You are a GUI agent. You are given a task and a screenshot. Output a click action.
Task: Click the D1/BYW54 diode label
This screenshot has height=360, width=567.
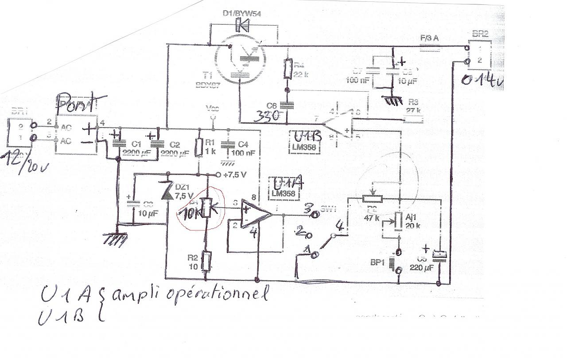pos(242,14)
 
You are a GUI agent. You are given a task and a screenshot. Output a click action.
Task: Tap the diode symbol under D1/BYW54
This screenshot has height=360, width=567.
pos(243,25)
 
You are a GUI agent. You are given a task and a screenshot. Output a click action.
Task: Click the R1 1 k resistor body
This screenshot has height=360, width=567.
pos(199,147)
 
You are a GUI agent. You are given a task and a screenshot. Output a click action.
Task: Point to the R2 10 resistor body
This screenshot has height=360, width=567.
pos(206,261)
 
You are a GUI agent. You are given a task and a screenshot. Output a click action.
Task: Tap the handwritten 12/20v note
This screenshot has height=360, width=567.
pos(24,162)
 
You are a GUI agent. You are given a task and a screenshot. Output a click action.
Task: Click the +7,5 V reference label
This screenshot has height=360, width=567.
pos(235,174)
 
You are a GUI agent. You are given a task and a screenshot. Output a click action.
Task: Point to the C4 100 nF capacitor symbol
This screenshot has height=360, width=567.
pos(229,144)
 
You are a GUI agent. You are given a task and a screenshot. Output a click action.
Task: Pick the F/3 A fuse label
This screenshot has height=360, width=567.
pos(429,39)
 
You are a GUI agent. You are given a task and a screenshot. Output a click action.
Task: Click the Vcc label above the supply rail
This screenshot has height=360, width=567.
pos(212,108)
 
